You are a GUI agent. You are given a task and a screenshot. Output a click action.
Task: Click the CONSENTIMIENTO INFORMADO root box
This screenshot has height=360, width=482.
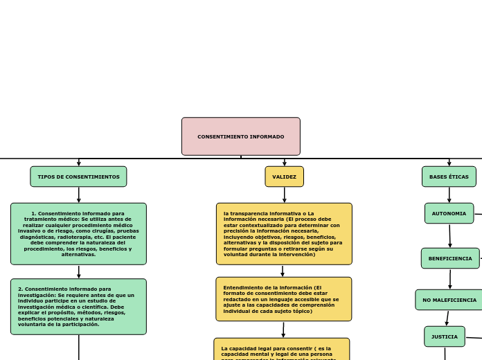(240, 136)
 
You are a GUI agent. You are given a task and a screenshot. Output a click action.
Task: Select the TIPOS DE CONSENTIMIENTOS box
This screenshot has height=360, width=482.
(78, 177)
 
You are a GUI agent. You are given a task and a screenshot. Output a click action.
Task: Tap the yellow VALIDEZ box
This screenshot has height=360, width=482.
(284, 177)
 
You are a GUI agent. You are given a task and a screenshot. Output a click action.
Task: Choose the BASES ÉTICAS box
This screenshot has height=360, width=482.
(449, 177)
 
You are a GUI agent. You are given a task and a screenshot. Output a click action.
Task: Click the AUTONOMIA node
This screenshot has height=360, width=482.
(449, 213)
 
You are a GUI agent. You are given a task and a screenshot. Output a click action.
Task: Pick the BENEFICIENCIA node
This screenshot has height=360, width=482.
(450, 258)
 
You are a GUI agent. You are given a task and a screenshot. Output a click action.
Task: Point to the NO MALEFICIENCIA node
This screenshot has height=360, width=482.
(449, 300)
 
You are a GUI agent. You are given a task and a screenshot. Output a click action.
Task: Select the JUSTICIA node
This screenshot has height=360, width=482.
(445, 336)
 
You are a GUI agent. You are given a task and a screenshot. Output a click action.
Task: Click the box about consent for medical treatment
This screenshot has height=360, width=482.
(78, 234)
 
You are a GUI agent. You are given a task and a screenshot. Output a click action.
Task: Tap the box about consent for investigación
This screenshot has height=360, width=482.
(78, 307)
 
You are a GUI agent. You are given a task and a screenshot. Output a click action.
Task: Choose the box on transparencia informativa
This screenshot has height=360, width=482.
(284, 234)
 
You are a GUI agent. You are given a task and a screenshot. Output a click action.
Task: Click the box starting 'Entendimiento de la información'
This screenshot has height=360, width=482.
(283, 299)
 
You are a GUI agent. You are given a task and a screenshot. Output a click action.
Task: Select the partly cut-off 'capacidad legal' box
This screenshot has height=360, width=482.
(282, 350)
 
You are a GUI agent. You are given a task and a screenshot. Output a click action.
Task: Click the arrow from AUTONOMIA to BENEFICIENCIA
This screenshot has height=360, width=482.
(449, 235)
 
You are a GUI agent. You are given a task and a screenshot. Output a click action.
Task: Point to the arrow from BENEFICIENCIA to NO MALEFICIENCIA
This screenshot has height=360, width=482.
(450, 279)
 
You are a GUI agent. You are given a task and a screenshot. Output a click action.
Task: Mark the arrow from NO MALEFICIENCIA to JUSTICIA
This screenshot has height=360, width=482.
(447, 318)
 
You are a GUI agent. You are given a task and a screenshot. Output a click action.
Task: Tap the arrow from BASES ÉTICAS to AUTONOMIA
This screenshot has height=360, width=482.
(449, 195)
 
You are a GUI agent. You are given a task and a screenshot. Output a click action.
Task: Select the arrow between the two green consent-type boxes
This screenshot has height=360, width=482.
(78, 271)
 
